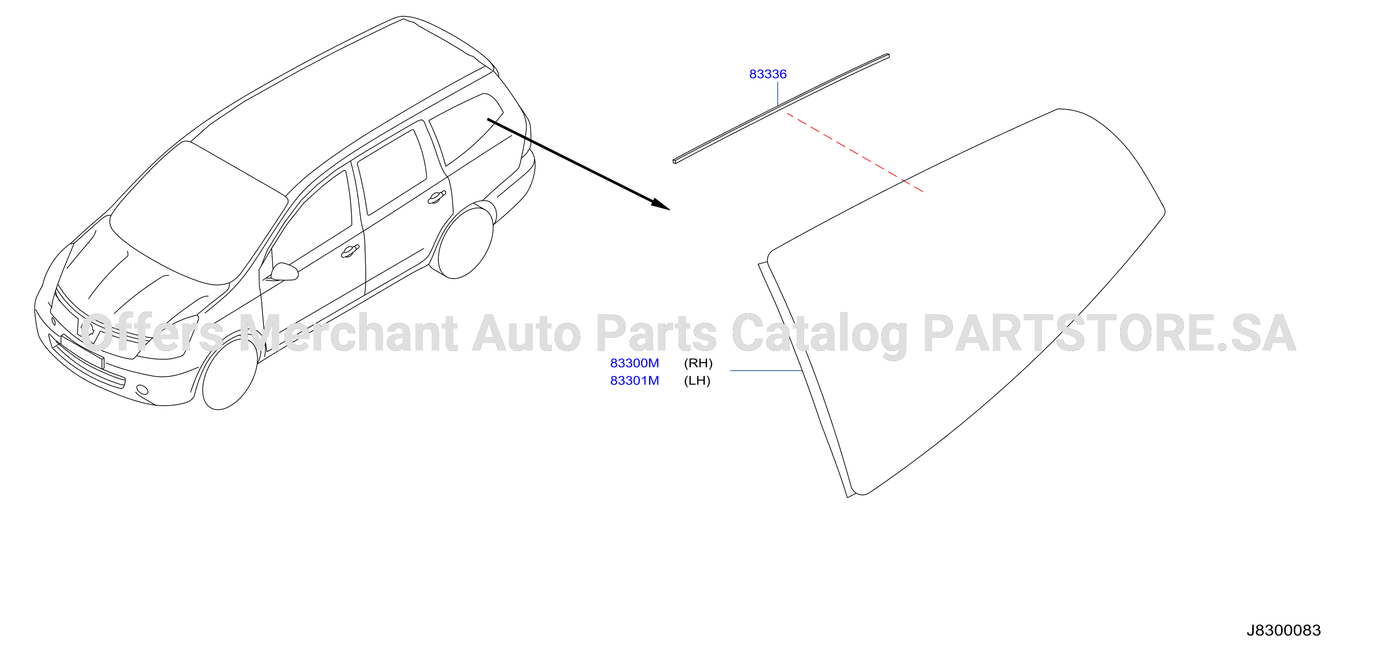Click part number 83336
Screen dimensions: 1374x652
(768, 74)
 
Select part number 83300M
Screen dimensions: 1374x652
(634, 363)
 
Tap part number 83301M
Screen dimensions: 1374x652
(634, 381)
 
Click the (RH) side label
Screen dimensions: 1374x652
(698, 363)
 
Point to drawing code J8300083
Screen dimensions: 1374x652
(1284, 630)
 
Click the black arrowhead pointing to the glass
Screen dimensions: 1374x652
(661, 204)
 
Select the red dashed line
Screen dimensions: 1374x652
(855, 152)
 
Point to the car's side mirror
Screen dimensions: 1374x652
(284, 272)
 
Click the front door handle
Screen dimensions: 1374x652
(350, 251)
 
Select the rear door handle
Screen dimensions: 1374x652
(436, 197)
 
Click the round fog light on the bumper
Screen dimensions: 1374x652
(142, 390)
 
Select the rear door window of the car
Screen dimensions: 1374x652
(392, 171)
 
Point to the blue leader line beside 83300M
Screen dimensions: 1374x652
(766, 370)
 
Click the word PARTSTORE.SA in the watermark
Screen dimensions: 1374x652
(1110, 333)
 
